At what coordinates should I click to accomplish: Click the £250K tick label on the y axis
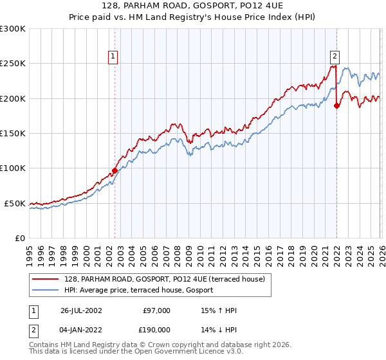12,64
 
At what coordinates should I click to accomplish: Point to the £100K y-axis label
12,168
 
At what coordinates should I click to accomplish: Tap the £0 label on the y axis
19,239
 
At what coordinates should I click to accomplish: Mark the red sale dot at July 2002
115,170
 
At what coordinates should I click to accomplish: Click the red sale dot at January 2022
336,106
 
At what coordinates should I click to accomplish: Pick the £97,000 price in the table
157,310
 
